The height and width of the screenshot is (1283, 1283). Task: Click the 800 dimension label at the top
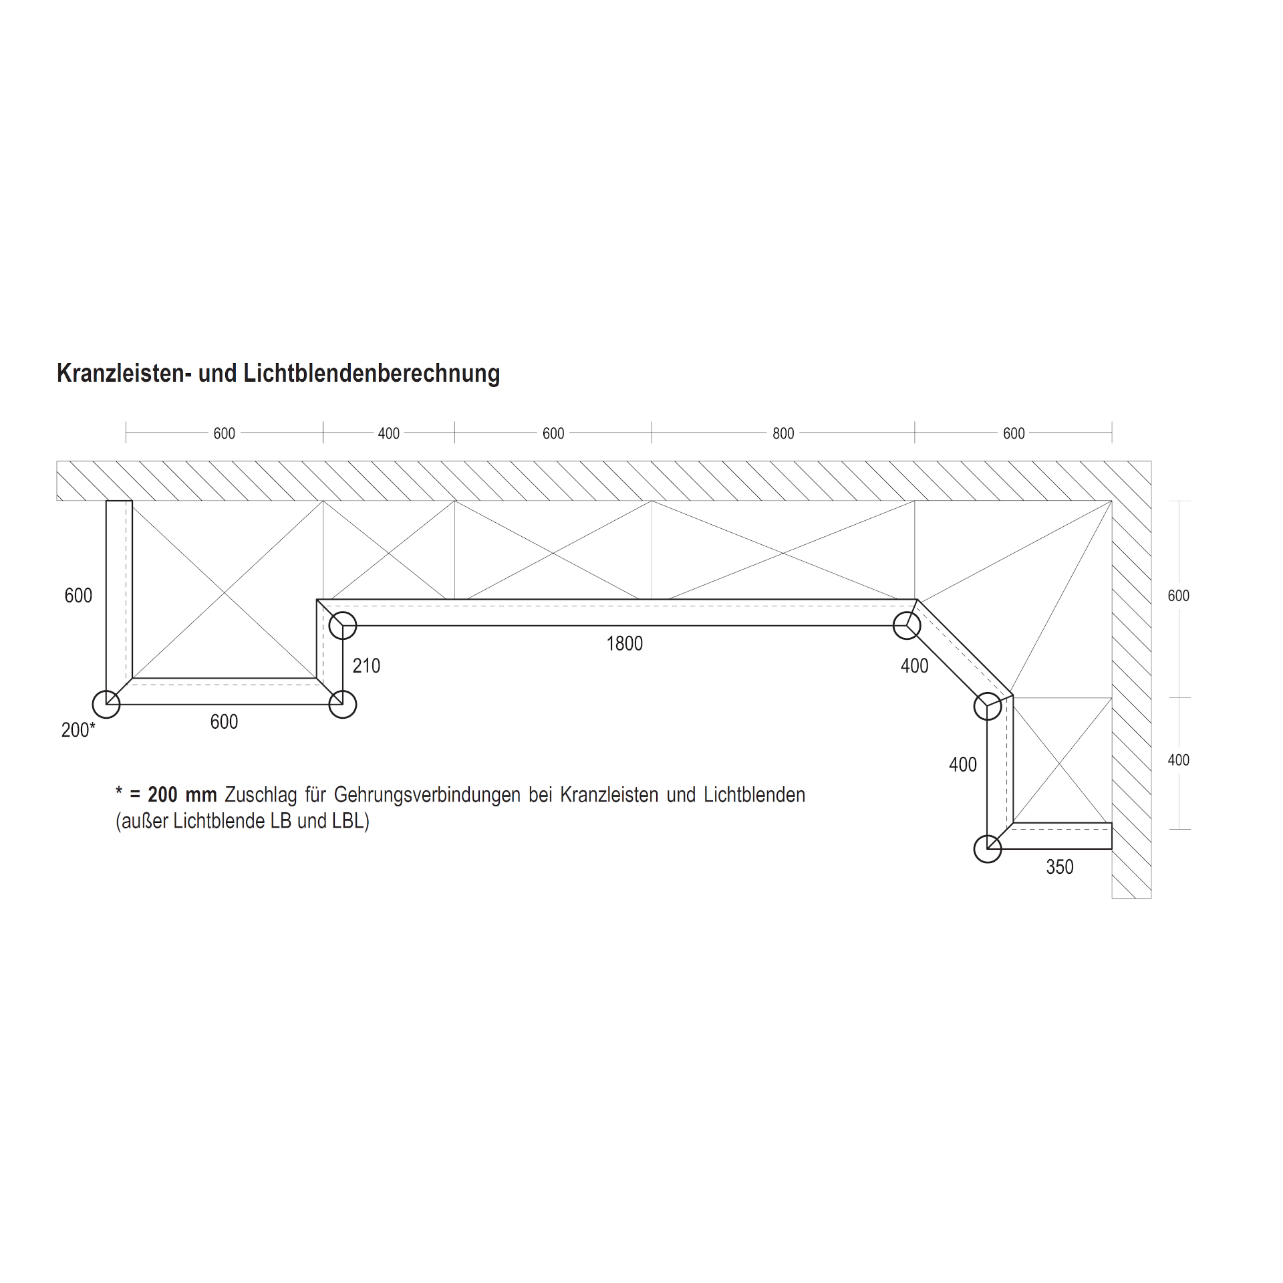click(783, 433)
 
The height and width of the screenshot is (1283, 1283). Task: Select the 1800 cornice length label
click(624, 643)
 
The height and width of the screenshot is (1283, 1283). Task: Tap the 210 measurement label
click(366, 665)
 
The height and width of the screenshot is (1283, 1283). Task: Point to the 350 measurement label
click(1059, 866)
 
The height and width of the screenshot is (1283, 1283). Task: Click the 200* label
click(78, 729)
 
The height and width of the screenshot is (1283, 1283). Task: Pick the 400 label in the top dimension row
click(388, 433)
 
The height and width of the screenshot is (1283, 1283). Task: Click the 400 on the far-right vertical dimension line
click(1178, 760)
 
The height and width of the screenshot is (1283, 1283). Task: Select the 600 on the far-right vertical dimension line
click(1178, 595)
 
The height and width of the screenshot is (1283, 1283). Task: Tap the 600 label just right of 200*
click(224, 721)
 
